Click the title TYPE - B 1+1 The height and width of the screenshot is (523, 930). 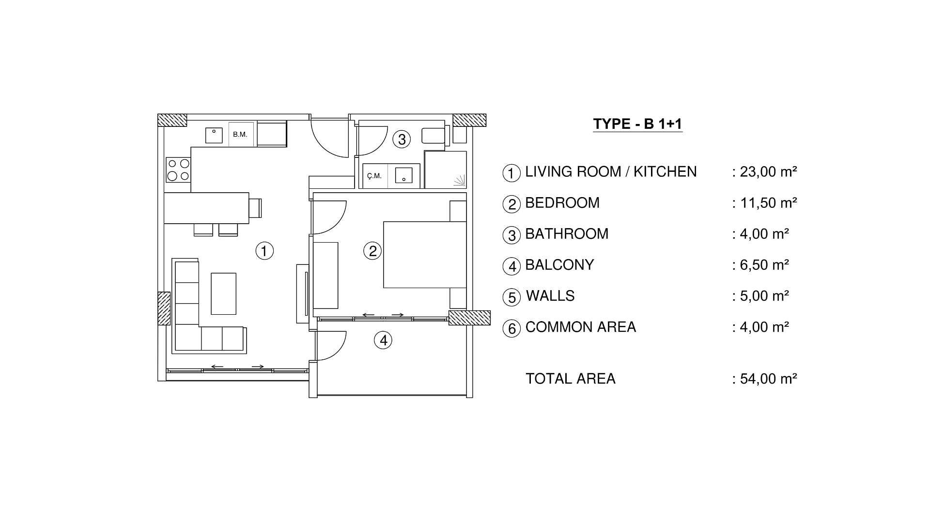pos(637,124)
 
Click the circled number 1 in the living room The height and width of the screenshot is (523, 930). pos(264,251)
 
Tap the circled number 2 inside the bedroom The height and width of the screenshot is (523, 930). pos(372,251)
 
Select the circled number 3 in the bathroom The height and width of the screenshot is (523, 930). pos(402,139)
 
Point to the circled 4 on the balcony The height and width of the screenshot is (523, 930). pos(383,340)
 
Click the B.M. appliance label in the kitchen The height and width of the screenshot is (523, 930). pos(240,134)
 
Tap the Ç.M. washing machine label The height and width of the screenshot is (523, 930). pos(374,176)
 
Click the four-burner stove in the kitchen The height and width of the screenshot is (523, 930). pos(178,170)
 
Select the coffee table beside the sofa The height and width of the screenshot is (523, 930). pos(223,293)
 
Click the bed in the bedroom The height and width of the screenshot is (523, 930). pos(424,255)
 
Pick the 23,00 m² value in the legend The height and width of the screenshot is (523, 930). pos(768,172)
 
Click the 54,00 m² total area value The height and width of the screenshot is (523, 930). pos(768,379)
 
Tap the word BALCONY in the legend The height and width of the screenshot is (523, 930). pos(559,265)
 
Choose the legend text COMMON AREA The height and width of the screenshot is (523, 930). pos(580,327)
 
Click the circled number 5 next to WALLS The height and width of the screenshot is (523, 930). pos(511,297)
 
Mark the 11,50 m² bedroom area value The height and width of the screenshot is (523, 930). pos(768,203)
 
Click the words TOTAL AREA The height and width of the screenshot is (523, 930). pos(570,379)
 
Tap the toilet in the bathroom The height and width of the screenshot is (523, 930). pos(435,135)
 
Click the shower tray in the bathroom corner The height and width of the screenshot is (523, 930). pos(445,169)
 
